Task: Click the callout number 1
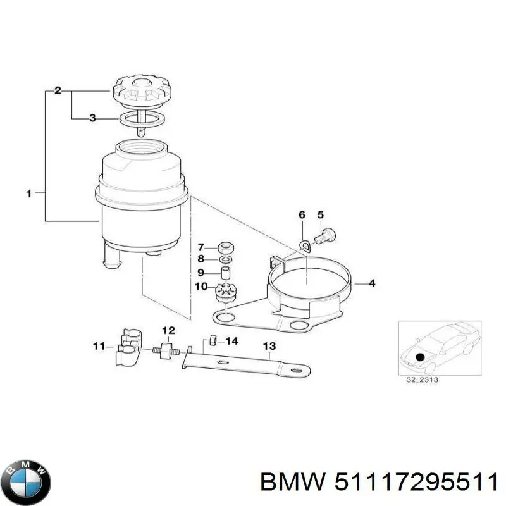28,194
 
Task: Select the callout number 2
58,91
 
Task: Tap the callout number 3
92,118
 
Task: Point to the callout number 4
371,283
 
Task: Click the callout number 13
269,346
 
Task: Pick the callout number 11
98,346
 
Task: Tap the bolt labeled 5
326,236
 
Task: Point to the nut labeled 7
225,247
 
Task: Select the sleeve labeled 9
225,274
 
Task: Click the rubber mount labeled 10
225,294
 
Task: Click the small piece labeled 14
214,342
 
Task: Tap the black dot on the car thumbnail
419,357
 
